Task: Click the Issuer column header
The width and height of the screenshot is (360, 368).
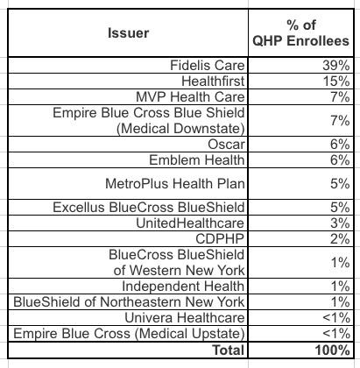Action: (x=128, y=32)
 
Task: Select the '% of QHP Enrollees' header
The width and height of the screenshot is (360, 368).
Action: (x=301, y=32)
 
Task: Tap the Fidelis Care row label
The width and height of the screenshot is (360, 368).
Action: (x=208, y=65)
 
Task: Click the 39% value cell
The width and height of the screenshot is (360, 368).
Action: (x=336, y=65)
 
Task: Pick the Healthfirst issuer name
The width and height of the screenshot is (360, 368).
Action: (x=213, y=81)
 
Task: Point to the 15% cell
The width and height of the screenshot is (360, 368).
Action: (x=336, y=81)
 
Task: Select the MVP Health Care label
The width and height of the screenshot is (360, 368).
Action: (x=190, y=96)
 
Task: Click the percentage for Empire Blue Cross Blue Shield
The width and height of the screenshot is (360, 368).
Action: (x=340, y=120)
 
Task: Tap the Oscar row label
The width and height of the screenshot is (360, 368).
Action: (x=226, y=145)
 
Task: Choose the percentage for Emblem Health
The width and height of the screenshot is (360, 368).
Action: (x=340, y=160)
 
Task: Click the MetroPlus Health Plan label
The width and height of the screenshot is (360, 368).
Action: (x=175, y=184)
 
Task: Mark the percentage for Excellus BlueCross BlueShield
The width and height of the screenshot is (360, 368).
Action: (x=340, y=208)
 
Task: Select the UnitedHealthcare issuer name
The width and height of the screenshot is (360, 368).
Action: (x=190, y=223)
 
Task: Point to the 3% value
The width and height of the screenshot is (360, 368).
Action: (x=340, y=223)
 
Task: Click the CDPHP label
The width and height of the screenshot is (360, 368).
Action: (x=220, y=239)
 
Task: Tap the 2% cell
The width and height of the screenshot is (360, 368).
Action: (x=340, y=239)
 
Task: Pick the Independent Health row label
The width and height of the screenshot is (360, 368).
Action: (x=183, y=287)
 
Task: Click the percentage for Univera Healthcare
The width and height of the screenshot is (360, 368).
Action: (x=336, y=318)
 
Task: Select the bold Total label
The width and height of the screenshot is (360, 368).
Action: (x=229, y=350)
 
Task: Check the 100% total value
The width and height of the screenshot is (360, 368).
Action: (x=332, y=350)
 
